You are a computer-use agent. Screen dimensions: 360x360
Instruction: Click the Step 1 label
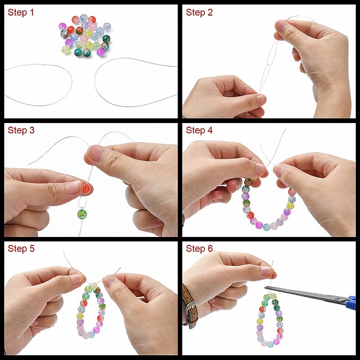pyautogui.click(x=20, y=13)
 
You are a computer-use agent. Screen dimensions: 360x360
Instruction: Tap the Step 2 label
pyautogui.click(x=199, y=13)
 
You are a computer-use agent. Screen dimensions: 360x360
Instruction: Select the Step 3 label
pyautogui.click(x=21, y=130)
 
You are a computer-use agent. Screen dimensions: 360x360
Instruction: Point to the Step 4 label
pyautogui.click(x=199, y=130)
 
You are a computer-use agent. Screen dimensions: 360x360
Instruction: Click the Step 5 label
pyautogui.click(x=21, y=248)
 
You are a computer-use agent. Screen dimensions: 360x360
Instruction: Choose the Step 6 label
pyautogui.click(x=199, y=248)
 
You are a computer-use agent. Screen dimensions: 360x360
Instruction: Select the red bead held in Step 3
pyautogui.click(x=86, y=188)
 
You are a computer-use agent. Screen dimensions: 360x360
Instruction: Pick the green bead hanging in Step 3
pyautogui.click(x=82, y=214)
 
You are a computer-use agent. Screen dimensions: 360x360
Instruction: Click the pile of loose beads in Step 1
pyautogui.click(x=85, y=35)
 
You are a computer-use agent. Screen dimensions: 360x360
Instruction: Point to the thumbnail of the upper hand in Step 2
pyautogui.click(x=280, y=26)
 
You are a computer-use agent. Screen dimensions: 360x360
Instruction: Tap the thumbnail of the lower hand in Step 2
pyautogui.click(x=261, y=100)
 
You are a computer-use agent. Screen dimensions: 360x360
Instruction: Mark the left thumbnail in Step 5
pyautogui.click(x=77, y=279)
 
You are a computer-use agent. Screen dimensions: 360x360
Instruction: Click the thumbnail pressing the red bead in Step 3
pyautogui.click(x=73, y=187)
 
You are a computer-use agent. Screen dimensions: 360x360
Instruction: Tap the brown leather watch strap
pyautogui.click(x=190, y=307)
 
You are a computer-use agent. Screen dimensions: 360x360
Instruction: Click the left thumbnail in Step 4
pyautogui.click(x=260, y=169)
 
